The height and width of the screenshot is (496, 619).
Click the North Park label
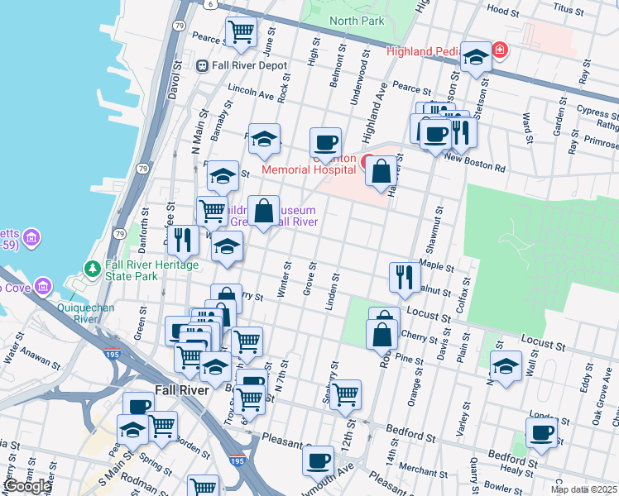coord(357,21)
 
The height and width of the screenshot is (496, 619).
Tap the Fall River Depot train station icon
coord(201,65)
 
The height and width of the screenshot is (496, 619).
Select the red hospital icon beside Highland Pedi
coord(500,52)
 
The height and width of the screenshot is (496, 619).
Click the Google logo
coord(27,486)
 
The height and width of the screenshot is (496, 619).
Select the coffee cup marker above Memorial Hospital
coord(325,141)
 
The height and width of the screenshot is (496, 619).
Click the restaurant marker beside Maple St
coord(404,277)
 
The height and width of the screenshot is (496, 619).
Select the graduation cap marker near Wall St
coord(506,364)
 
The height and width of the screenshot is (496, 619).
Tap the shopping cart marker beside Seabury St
coord(345,393)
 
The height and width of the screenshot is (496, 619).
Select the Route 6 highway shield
coord(211,4)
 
